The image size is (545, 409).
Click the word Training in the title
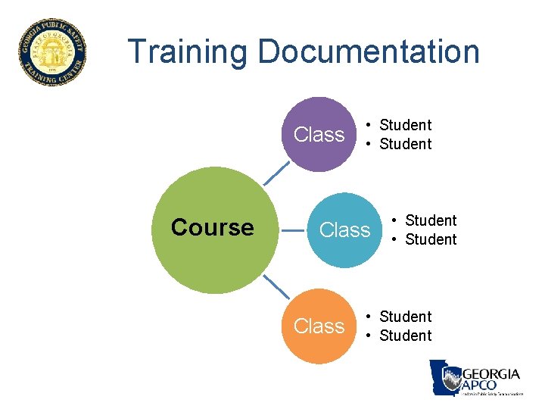(188, 52)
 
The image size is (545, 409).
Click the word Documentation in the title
(369, 52)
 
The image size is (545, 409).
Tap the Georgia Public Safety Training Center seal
(52, 52)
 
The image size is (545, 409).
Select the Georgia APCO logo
(476, 378)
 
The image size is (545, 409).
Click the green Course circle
(213, 227)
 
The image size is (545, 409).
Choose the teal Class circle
(345, 229)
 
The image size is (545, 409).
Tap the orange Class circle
(319, 326)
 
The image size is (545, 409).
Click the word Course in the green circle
(213, 227)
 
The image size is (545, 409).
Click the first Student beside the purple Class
(405, 125)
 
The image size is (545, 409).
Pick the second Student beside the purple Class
(405, 144)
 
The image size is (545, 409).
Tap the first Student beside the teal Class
(431, 220)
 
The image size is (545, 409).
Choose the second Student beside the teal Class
(431, 239)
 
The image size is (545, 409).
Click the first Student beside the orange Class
(405, 317)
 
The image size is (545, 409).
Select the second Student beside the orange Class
(405, 336)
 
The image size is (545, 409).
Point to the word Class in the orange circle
(319, 326)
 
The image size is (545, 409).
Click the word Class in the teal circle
(345, 229)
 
